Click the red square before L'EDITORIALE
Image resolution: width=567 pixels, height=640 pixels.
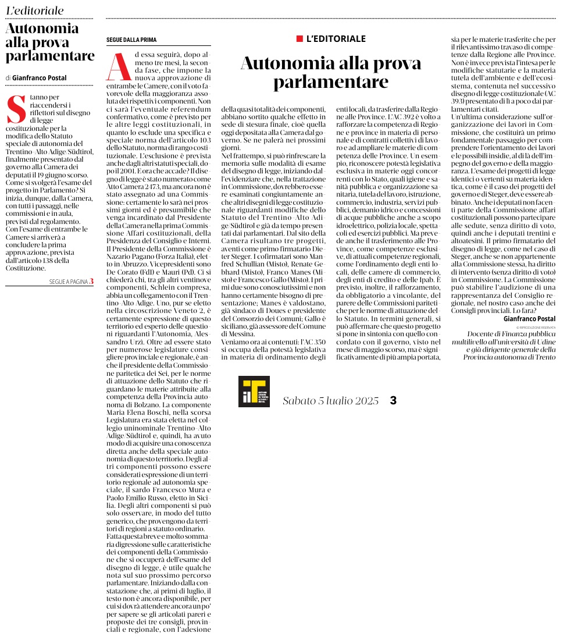[x=300, y=39]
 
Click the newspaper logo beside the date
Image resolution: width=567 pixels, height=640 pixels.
[x=254, y=391]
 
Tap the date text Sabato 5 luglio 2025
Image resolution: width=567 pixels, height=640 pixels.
[x=330, y=401]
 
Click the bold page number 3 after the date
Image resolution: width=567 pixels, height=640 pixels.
[x=393, y=401]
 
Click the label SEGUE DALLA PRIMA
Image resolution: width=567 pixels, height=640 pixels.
[x=131, y=40]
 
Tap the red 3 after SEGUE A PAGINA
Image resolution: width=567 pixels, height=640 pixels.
[x=91, y=281]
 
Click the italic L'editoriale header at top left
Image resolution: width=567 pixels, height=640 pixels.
[x=35, y=10]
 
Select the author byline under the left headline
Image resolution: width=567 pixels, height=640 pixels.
[x=36, y=78]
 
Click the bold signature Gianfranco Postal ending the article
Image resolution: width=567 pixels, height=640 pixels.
[x=529, y=319]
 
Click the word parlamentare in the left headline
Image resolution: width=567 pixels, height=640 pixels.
[x=50, y=56]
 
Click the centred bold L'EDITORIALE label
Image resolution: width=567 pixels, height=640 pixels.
[x=336, y=39]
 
